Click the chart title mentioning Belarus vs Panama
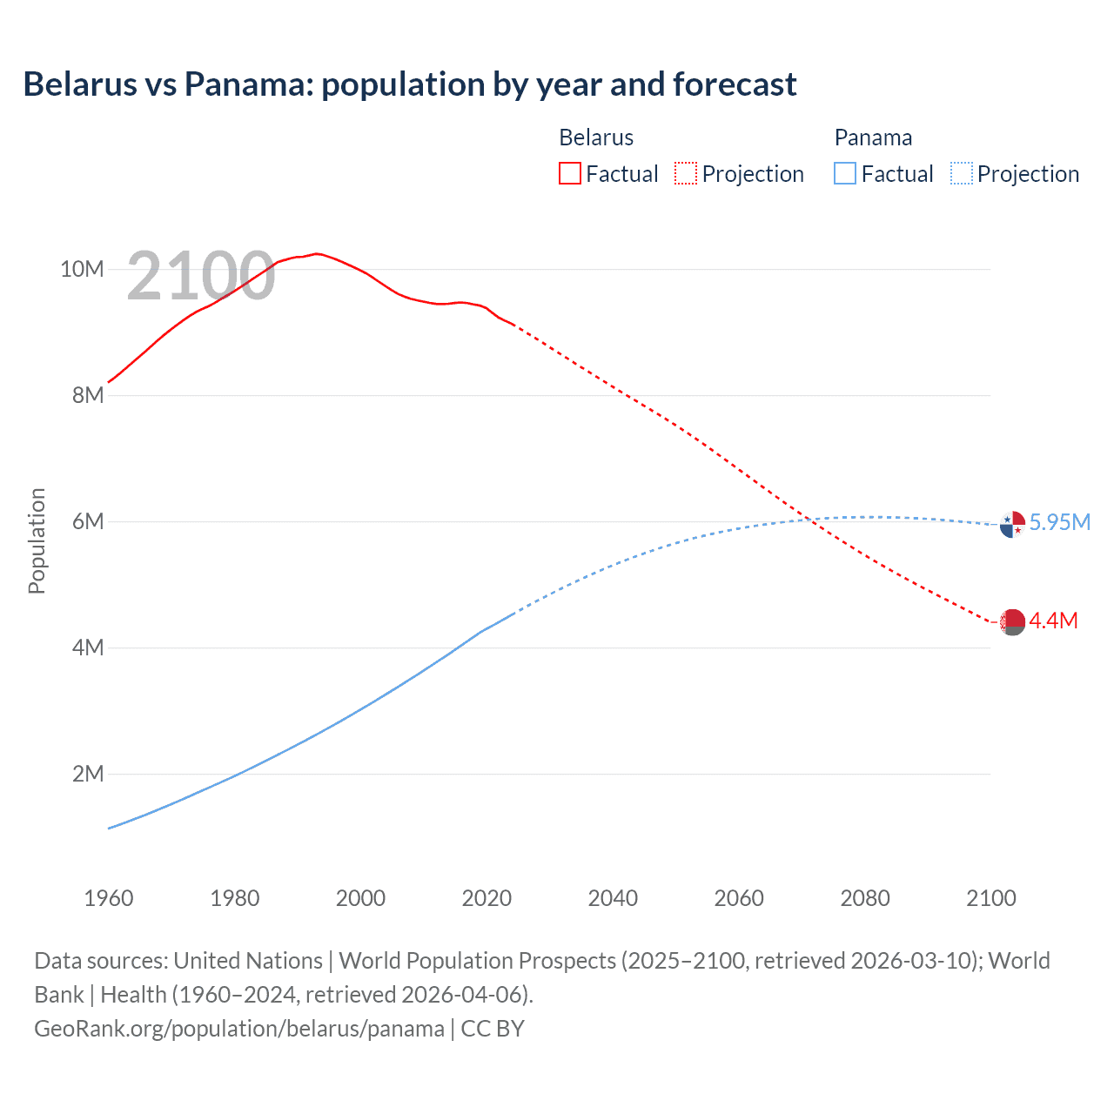(x=409, y=84)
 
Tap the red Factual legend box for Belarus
(x=569, y=173)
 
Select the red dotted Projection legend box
(x=686, y=173)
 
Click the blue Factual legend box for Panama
(x=844, y=173)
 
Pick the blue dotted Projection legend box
(x=962, y=173)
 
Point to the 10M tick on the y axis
(x=82, y=269)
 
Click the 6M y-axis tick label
(x=88, y=521)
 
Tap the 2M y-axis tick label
(x=88, y=774)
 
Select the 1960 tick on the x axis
(x=109, y=898)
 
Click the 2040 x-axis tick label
(x=613, y=898)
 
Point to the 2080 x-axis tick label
(x=865, y=898)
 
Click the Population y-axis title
(x=37, y=540)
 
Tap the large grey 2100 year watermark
(x=201, y=277)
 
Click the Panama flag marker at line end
(x=1012, y=525)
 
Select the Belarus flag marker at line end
(x=1012, y=622)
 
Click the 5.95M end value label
(x=1059, y=522)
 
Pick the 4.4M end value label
(x=1053, y=621)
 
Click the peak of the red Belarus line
(x=317, y=253)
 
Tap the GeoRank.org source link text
(x=239, y=1029)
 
